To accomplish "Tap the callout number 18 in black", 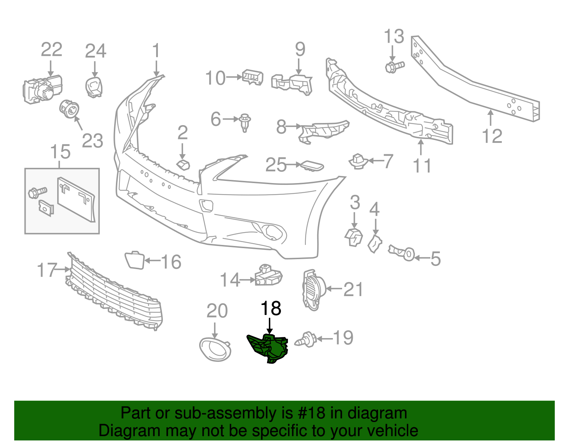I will point(271,308).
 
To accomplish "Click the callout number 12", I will point(492,136).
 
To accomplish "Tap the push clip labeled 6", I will point(245,122).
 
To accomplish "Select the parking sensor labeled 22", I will point(42,89).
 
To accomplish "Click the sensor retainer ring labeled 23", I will point(69,108).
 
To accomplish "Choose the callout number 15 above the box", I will point(60,152).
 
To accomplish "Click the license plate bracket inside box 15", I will point(76,199).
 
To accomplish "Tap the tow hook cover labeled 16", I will point(134,260).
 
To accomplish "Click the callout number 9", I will point(300,49).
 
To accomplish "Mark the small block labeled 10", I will point(252,77).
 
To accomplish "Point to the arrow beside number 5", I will point(421,258).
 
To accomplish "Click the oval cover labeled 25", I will point(312,166).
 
